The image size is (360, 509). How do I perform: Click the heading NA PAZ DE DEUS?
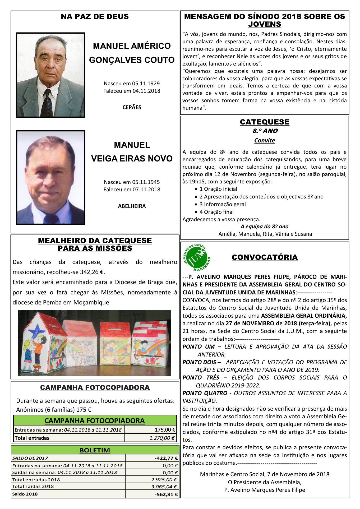coord(95,16)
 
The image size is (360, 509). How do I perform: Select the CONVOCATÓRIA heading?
coord(265,257)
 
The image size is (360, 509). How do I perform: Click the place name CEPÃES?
coord(132,107)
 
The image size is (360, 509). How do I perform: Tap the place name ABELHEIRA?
coord(132,206)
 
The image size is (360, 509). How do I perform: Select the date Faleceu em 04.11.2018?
coord(132,91)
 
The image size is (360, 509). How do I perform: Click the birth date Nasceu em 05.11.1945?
coord(132,182)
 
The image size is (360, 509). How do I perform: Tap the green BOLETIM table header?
coord(95,450)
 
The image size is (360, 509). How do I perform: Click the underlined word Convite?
coord(265,141)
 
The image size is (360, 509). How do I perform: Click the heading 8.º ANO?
coord(265,131)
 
